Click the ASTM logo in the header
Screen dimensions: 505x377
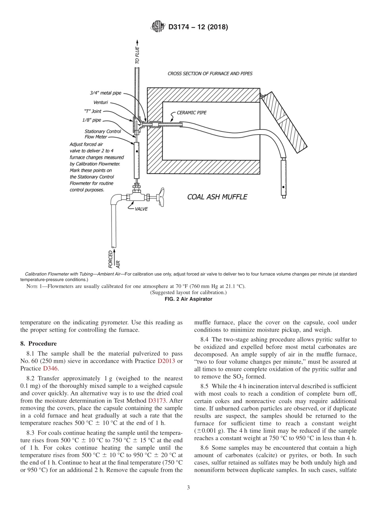[x=158, y=27]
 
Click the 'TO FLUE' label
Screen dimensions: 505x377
[x=137, y=56]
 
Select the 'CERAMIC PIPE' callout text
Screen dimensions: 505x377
[x=192, y=112]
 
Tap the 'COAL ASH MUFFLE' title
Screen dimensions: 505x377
[x=217, y=197]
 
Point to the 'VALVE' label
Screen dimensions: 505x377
[x=142, y=208]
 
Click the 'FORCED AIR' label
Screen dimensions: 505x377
[x=113, y=258]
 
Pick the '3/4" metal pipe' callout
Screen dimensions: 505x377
[x=106, y=93]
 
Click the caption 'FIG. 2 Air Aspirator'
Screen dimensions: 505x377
[x=188, y=299]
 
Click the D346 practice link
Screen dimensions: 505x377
[x=50, y=368]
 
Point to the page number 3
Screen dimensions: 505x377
[x=188, y=488]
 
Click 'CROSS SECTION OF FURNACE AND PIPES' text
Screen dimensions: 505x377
[x=210, y=73]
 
